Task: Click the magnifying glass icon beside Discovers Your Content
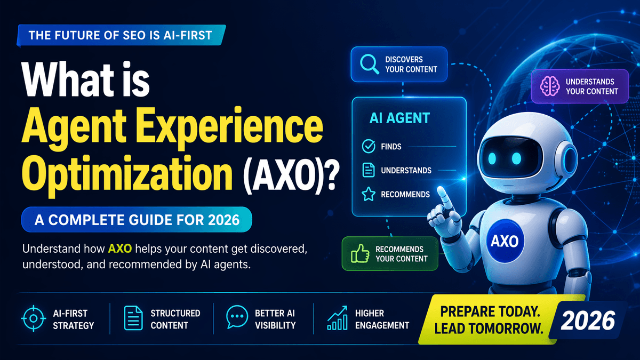(x=369, y=64)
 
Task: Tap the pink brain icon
(x=549, y=86)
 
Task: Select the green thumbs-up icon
(x=359, y=254)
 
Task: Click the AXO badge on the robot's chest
(x=505, y=242)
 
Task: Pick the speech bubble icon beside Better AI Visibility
(x=236, y=318)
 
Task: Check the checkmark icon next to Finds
(x=368, y=146)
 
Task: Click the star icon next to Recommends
(x=368, y=195)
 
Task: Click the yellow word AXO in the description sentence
(x=119, y=249)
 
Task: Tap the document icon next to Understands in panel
(x=368, y=171)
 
